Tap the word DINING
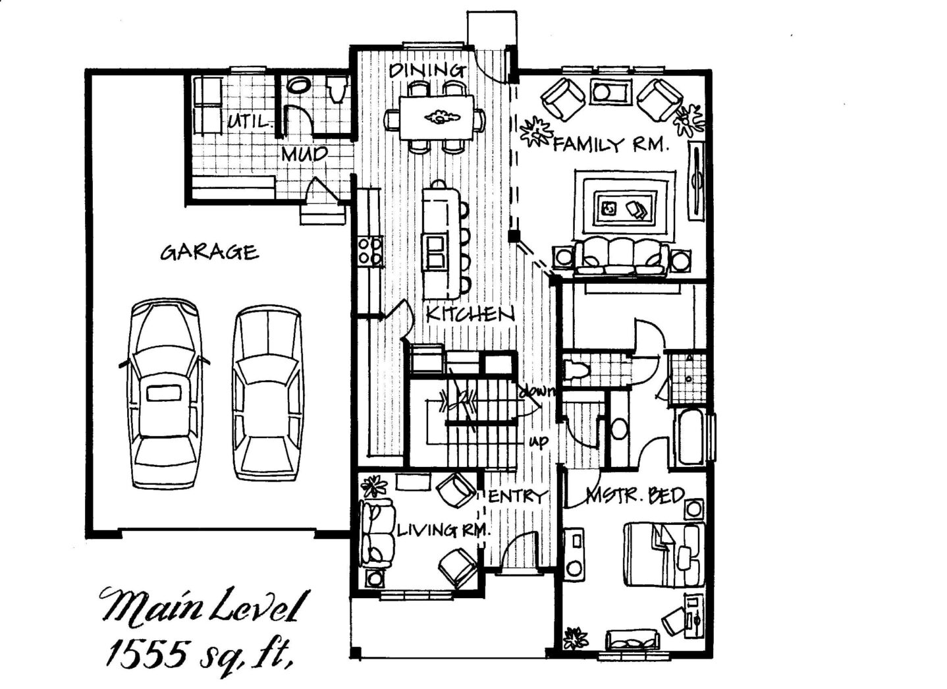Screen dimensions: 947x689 pyautogui.click(x=427, y=70)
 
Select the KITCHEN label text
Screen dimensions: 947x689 pyautogui.click(x=470, y=314)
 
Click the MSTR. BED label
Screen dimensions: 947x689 pyautogui.click(x=636, y=495)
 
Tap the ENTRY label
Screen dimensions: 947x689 pyautogui.click(x=518, y=496)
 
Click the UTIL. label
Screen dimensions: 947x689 pyautogui.click(x=250, y=122)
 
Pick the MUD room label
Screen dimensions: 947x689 pyautogui.click(x=304, y=154)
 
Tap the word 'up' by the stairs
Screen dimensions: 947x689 pyautogui.click(x=539, y=441)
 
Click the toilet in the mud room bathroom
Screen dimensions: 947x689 pyautogui.click(x=338, y=89)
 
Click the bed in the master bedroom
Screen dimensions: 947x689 pyautogui.click(x=664, y=555)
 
